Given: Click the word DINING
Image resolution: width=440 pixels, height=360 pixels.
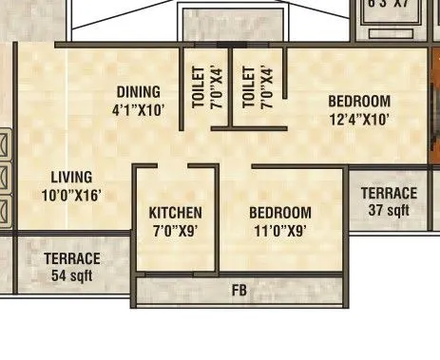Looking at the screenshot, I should point(139,92).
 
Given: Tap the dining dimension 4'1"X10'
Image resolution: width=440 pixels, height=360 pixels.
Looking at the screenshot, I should point(139,108).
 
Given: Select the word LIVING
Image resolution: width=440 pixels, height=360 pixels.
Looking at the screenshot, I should point(71,178).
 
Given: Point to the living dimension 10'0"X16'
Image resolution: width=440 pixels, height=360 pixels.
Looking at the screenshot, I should point(71,195).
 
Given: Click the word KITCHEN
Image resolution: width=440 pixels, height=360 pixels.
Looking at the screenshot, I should point(175,213).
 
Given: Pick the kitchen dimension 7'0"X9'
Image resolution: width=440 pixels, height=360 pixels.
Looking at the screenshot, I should point(175,229).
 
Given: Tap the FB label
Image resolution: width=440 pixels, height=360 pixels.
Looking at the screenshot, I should point(239,291).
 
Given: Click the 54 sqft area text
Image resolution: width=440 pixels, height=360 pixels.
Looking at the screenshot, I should point(71,275).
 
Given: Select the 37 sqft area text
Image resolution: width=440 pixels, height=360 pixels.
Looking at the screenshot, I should point(390,210).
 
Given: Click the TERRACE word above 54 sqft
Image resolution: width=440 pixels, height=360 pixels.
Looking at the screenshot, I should point(71,259).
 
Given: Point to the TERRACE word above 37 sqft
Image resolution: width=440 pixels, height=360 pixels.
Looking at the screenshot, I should point(390,194).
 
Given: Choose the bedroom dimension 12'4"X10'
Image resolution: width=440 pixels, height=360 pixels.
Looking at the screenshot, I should point(359,119).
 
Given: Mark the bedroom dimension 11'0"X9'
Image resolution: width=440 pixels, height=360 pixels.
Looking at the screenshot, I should point(280,229).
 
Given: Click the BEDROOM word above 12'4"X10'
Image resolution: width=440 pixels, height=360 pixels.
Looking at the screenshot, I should point(359,102).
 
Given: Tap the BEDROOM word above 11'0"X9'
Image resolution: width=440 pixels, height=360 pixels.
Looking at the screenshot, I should point(280,213).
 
